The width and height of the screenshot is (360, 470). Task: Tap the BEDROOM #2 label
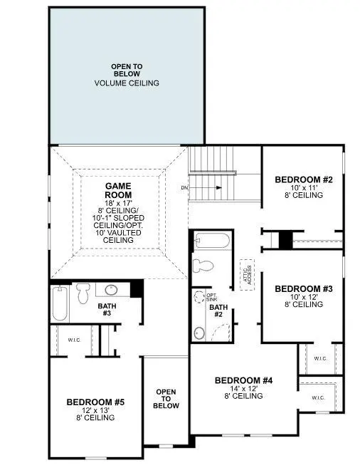click(x=304, y=179)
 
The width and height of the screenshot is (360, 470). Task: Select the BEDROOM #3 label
click(x=304, y=288)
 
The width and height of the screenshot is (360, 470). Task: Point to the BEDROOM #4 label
click(x=243, y=380)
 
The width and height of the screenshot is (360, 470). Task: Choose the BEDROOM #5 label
click(x=95, y=402)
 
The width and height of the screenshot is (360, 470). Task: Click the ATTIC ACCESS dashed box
click(x=248, y=271)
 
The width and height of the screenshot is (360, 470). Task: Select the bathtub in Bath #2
click(x=211, y=241)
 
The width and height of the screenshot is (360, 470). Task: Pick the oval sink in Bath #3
click(x=111, y=290)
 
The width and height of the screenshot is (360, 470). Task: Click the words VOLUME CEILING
click(x=127, y=83)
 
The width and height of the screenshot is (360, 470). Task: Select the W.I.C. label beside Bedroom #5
click(x=75, y=339)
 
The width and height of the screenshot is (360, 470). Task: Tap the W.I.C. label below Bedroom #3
click(x=319, y=358)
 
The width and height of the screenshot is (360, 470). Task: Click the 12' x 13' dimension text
click(x=95, y=410)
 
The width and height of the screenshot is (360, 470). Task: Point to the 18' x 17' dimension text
click(x=117, y=203)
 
